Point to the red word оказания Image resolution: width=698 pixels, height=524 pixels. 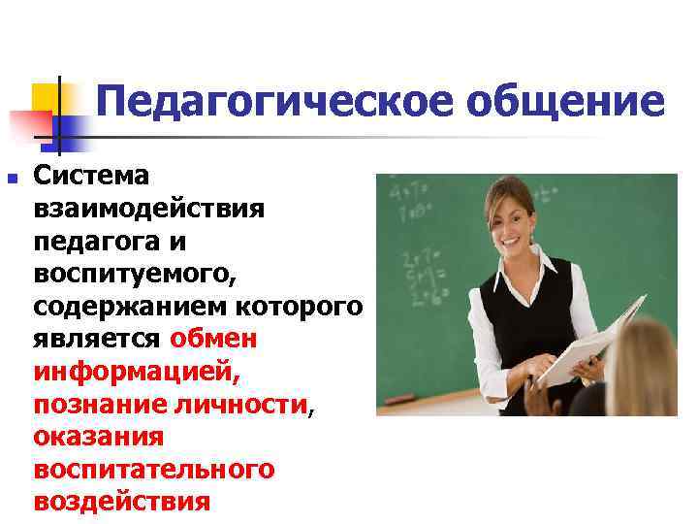click(x=98, y=438)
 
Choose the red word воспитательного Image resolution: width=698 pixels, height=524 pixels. click(x=154, y=470)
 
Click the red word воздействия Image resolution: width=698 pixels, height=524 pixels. click(x=121, y=503)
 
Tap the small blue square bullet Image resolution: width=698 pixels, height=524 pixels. click(x=12, y=178)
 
